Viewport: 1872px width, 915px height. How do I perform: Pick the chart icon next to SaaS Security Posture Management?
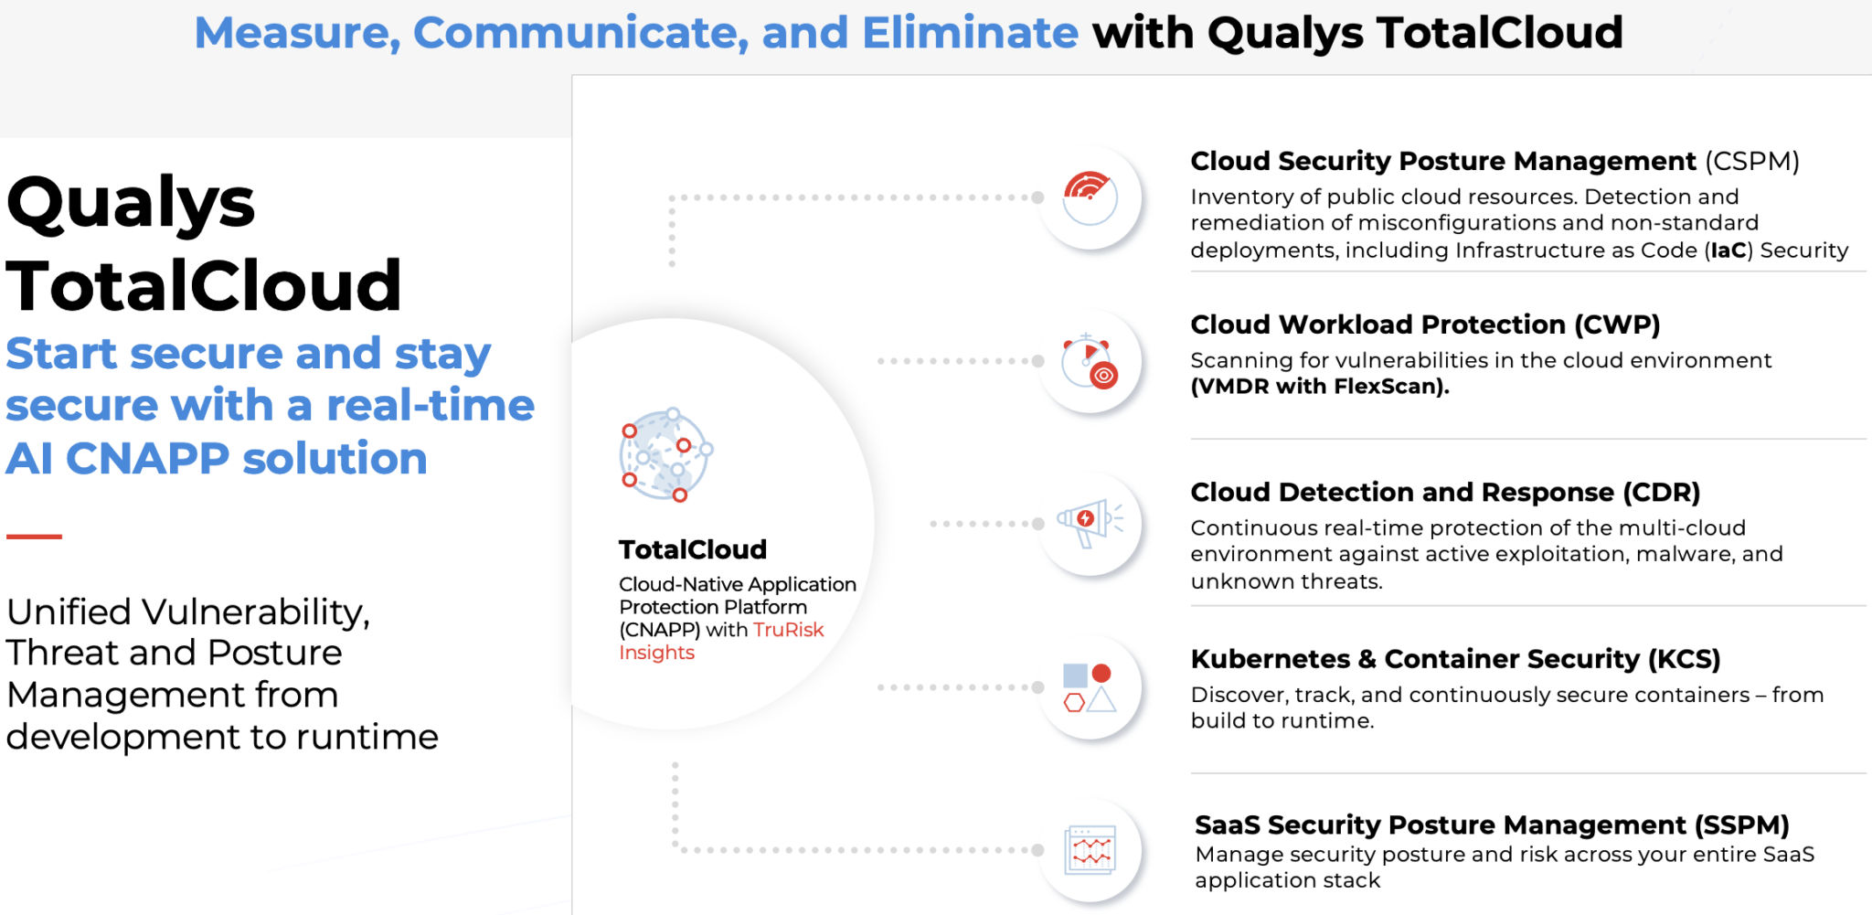1090,850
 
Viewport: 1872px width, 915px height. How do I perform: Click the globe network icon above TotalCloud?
666,454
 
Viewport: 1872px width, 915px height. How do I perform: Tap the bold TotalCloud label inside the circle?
692,549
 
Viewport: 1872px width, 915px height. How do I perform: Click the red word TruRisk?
788,630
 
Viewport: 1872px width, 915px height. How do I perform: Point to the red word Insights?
656,653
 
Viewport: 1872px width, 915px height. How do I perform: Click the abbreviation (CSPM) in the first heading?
1751,162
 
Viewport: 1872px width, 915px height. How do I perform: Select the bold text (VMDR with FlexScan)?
1319,387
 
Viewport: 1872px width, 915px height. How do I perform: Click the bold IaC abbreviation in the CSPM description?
1728,250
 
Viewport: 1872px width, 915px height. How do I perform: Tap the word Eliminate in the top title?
970,34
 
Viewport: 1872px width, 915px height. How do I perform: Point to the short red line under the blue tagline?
34,537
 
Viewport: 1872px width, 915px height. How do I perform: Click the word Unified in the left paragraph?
69,612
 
